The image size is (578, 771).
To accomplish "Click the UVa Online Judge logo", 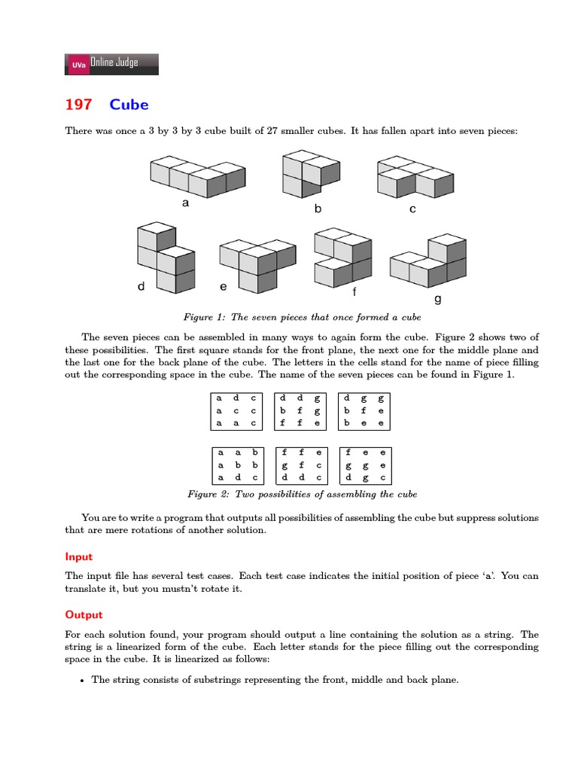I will [x=112, y=64].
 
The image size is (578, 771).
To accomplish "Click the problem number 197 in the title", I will [x=78, y=104].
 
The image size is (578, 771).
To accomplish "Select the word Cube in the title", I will [x=129, y=104].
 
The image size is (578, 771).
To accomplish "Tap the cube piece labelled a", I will [x=197, y=175].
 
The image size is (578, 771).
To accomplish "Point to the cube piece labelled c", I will [x=414, y=177].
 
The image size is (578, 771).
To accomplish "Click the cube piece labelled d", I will [x=166, y=258].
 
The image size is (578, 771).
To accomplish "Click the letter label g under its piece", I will [x=438, y=299].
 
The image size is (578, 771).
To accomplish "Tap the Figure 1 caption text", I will [x=302, y=317].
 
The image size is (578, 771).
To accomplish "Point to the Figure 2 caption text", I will [x=301, y=494].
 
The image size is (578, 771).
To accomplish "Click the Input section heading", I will [x=79, y=556].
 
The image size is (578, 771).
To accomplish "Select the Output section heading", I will [x=84, y=614].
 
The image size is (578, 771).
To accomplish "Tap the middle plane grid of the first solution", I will [x=300, y=410].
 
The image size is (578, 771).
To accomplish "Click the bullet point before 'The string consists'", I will [x=81, y=680].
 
